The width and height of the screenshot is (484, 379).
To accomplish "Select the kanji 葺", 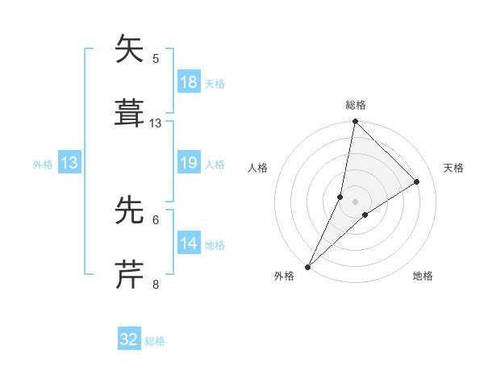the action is coord(131,114).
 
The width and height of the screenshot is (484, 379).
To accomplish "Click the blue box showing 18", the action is coord(188,82).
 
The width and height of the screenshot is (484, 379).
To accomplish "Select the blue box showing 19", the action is coord(188,164).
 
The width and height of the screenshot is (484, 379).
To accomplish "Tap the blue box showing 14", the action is coord(188,244).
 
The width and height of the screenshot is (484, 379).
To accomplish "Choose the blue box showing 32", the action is coord(129,339).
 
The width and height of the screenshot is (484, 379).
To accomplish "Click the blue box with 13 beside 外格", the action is coord(69,164).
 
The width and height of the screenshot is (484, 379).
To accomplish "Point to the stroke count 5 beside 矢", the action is coord(156,58).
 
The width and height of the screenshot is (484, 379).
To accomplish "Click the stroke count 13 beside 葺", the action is coord(156,123).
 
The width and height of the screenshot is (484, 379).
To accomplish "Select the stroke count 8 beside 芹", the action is coord(156,284).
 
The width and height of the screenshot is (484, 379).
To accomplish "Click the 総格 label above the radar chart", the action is coord(356,105).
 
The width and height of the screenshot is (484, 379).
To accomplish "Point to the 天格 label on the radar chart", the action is coord(454,168).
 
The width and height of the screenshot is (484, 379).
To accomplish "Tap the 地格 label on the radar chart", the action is coord(423,276).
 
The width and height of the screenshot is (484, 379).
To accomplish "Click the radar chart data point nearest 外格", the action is coord(308,266).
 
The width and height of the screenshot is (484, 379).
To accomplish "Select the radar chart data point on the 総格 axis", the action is coord(355,122).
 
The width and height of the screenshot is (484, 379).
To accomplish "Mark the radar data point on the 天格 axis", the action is coord(417,181).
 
